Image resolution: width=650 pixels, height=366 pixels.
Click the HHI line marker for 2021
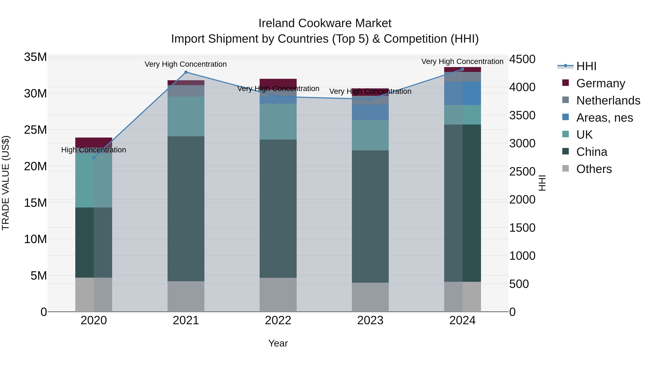[x=186, y=72]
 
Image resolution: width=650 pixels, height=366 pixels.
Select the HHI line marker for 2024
[x=463, y=69]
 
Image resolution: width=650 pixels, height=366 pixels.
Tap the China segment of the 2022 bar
[x=278, y=208]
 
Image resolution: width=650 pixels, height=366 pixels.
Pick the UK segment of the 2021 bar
[x=186, y=116]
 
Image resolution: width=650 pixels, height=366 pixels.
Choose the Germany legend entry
[x=601, y=83]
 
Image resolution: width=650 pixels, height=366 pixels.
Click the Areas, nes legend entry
[x=604, y=118]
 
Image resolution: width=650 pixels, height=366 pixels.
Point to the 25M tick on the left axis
[x=35, y=130]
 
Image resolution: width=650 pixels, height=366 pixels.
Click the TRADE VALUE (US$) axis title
[x=6, y=183]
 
